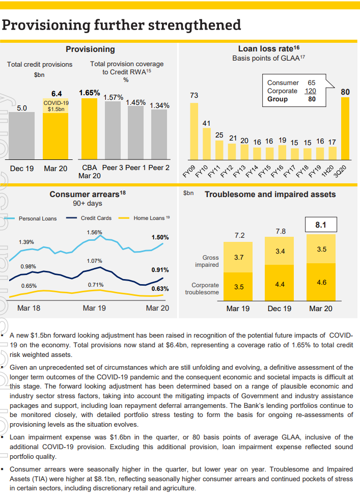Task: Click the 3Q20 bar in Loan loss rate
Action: (x=345, y=128)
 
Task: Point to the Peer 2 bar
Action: (x=159, y=134)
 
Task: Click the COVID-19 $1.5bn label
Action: (x=56, y=106)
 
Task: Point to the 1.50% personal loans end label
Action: (x=160, y=237)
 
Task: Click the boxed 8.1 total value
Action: (x=321, y=224)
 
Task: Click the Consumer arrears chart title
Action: (x=88, y=194)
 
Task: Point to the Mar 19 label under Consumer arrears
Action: (x=94, y=308)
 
